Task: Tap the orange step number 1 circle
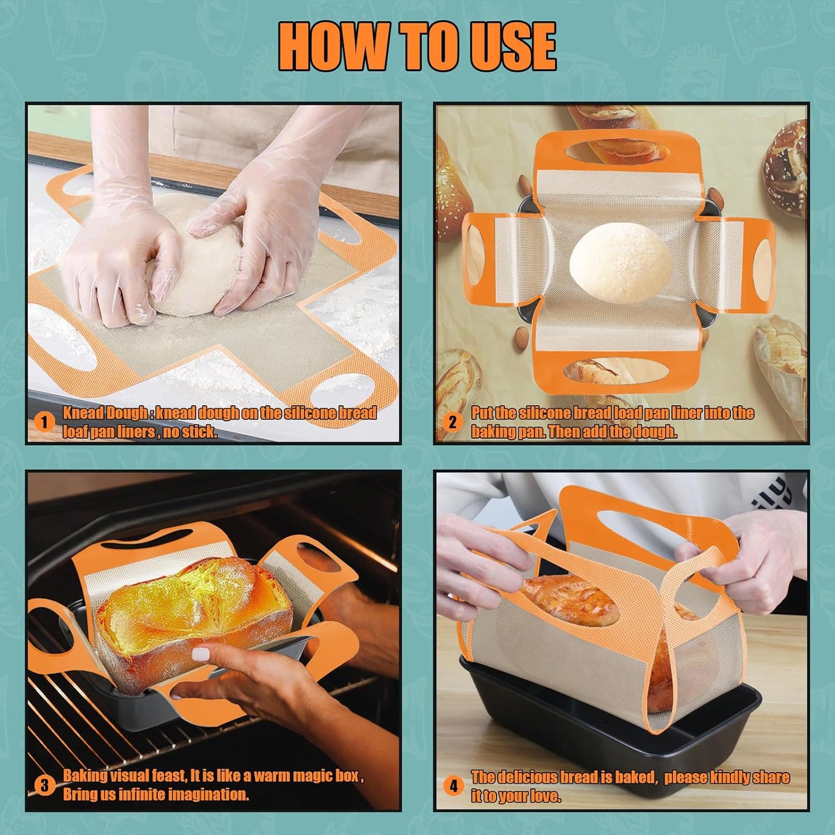point(44,422)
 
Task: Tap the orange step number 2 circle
point(452,422)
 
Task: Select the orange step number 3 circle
point(44,785)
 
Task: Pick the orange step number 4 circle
point(454,786)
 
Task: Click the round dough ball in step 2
point(620,263)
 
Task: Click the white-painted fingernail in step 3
point(200,654)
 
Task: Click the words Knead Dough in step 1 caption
point(105,413)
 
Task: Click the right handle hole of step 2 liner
point(763,262)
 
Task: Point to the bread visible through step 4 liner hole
point(569,601)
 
